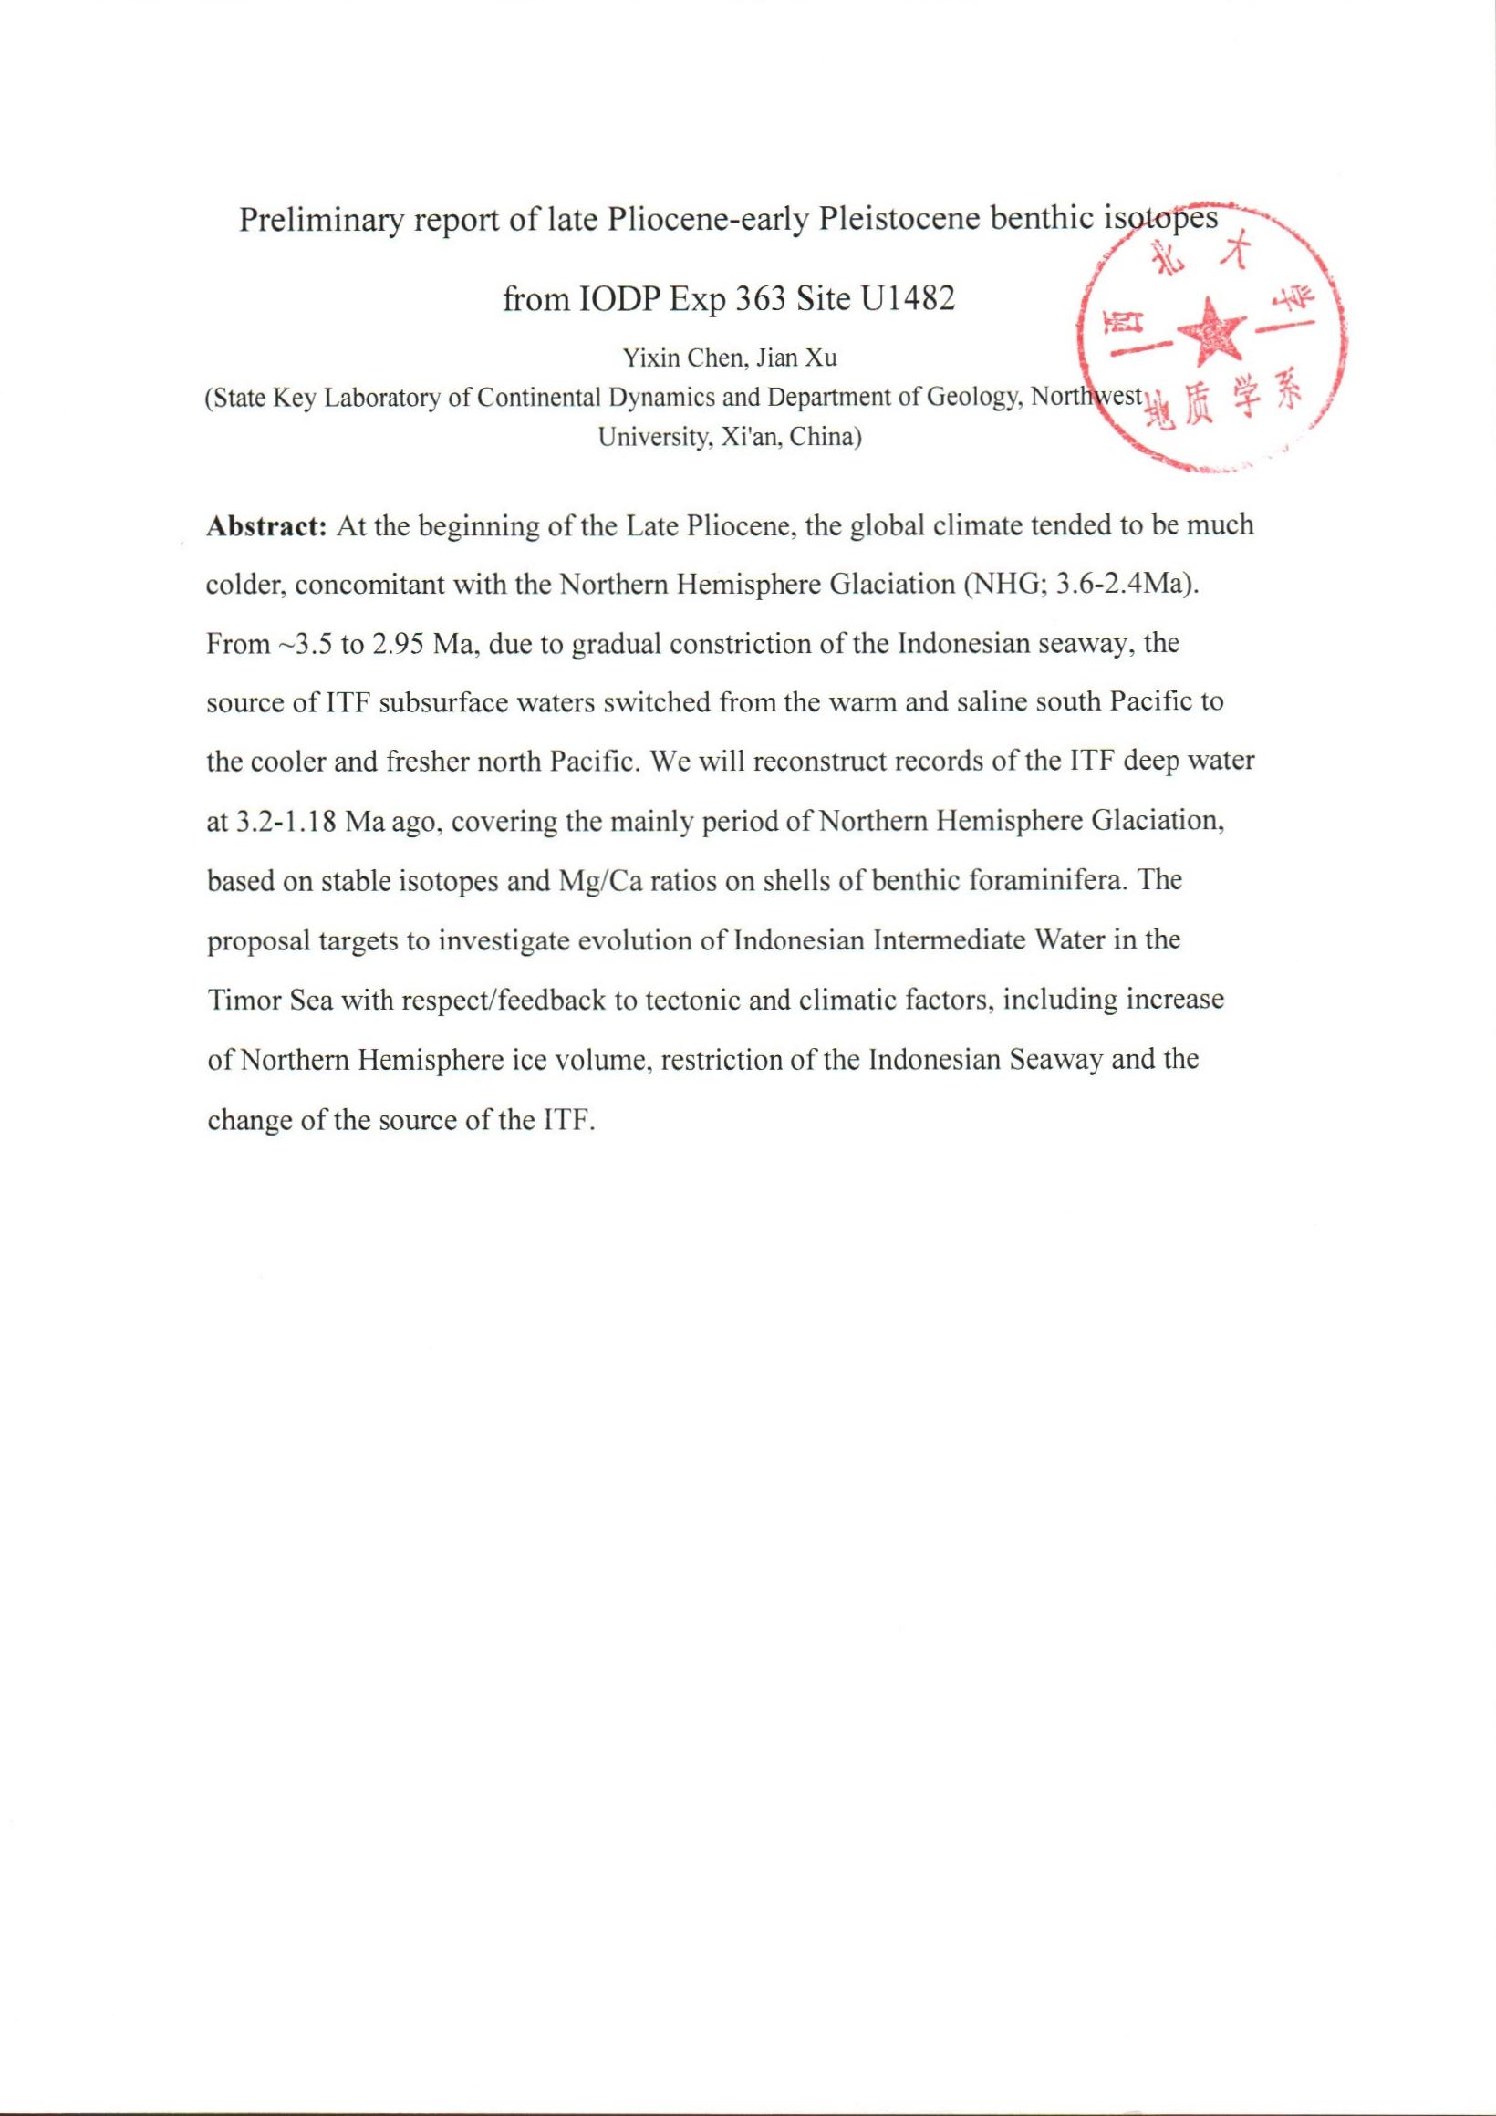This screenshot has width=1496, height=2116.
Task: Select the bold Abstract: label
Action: point(267,526)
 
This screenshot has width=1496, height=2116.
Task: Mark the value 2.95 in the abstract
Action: point(397,645)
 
